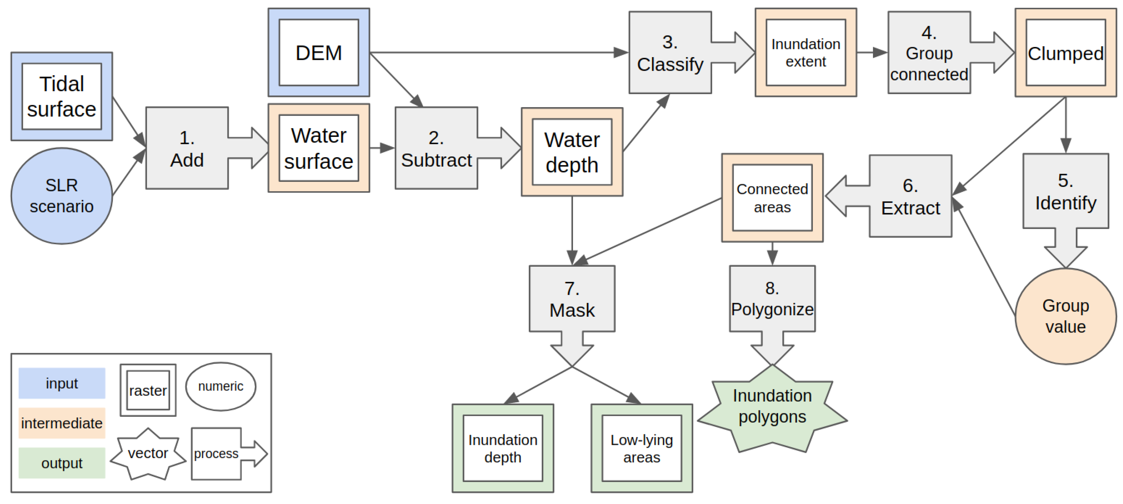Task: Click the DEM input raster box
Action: (319, 52)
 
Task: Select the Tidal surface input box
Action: (61, 96)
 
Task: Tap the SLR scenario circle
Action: (61, 196)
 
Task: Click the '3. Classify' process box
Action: (670, 53)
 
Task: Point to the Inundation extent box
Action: (806, 52)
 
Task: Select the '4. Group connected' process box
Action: (929, 53)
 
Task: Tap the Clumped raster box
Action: (1066, 53)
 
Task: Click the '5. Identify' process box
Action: (1066, 192)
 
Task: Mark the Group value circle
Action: (1066, 316)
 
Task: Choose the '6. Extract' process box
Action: (910, 196)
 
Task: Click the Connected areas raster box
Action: (772, 198)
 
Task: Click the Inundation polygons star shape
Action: (772, 408)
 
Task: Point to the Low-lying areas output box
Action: (642, 448)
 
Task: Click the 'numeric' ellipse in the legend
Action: (221, 386)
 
